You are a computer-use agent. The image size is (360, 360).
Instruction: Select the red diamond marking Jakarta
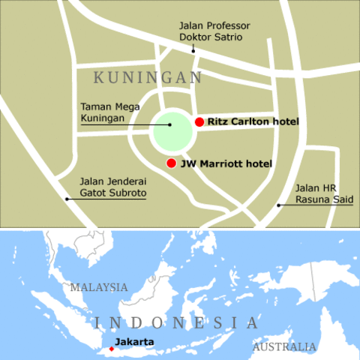(x=112, y=349)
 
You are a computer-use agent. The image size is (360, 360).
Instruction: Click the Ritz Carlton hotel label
(x=253, y=122)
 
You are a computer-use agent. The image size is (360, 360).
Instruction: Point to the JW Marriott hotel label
(x=226, y=163)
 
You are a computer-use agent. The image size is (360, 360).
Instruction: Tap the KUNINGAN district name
(x=148, y=78)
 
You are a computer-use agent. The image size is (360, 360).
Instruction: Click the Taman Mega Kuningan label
(x=103, y=112)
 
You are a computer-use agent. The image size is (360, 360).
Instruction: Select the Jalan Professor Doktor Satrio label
(x=214, y=31)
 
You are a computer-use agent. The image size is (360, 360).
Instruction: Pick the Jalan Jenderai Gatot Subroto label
(x=112, y=187)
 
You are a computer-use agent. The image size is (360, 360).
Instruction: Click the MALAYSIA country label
(x=99, y=287)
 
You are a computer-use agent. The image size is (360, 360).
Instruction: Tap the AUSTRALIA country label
(x=284, y=347)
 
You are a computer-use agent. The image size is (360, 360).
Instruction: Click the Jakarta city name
(x=134, y=343)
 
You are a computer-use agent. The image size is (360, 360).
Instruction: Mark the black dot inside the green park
(x=170, y=124)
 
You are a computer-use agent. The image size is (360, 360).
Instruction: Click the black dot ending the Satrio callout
(x=193, y=51)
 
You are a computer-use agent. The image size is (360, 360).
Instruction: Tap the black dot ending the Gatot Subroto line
(x=67, y=199)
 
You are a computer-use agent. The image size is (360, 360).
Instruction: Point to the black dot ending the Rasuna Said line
(x=278, y=205)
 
